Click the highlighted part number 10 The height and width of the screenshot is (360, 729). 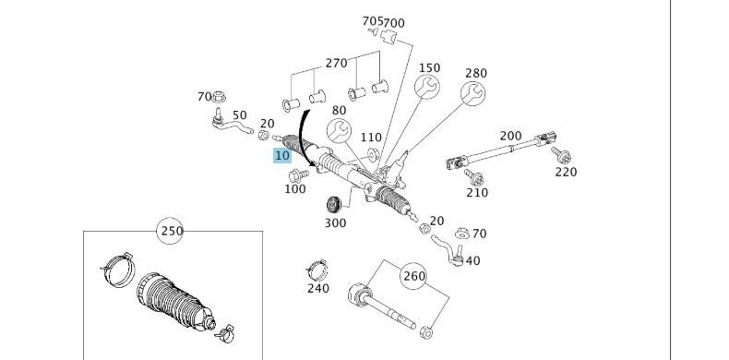(282, 156)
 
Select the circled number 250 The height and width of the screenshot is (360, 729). (172, 231)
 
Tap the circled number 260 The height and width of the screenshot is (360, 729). (414, 274)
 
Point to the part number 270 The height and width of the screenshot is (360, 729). (336, 63)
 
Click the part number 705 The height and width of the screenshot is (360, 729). (372, 20)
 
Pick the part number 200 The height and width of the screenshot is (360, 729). (510, 136)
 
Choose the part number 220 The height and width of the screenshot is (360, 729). (566, 171)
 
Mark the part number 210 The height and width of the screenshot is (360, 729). (476, 192)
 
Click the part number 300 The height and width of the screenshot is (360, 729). (335, 222)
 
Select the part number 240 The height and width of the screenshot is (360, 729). (318, 288)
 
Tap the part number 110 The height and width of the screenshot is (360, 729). (371, 138)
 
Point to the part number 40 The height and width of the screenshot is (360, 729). (472, 261)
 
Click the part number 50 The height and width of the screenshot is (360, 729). (240, 114)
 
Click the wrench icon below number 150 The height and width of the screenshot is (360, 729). (428, 88)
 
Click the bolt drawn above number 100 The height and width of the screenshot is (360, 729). (295, 175)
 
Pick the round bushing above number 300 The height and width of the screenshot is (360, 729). (335, 204)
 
